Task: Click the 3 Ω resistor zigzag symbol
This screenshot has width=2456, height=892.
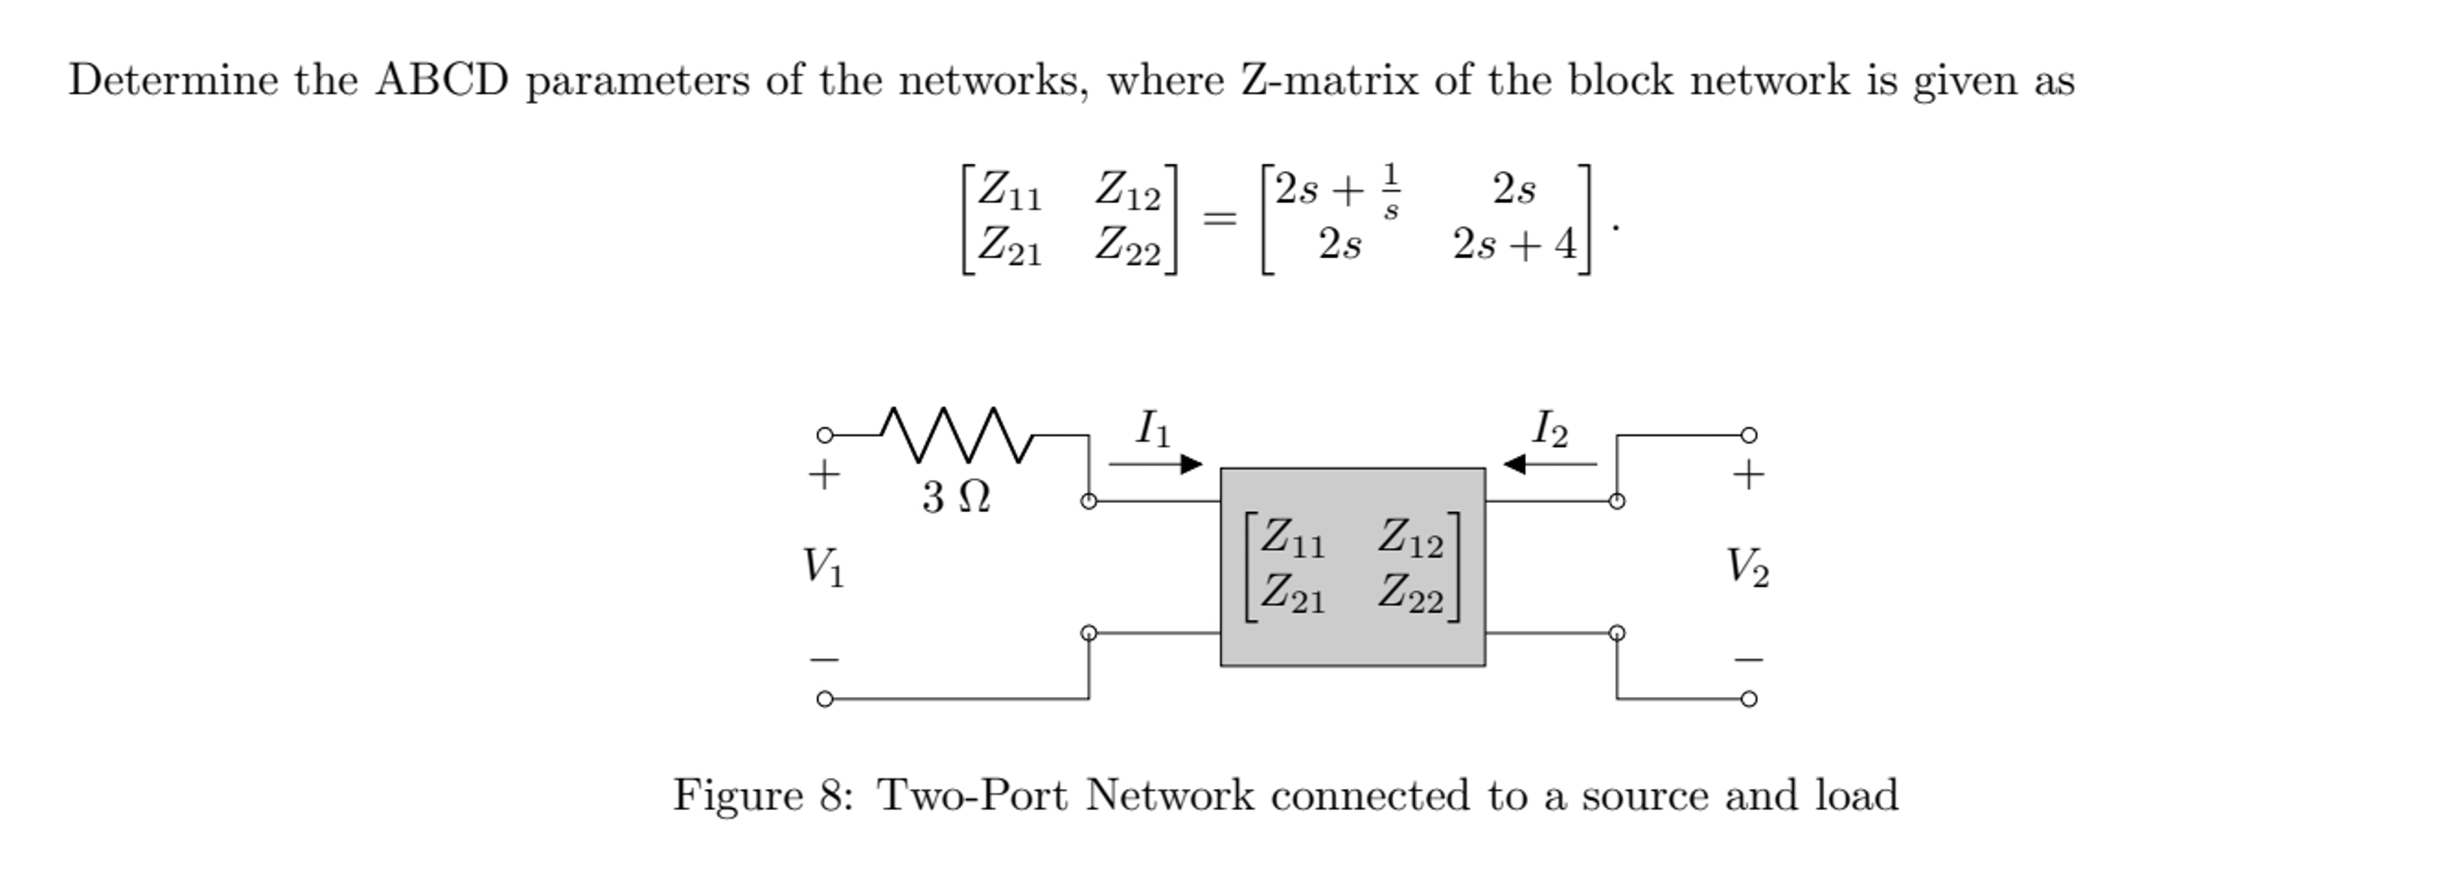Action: point(957,436)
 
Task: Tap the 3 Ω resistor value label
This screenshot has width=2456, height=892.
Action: point(955,497)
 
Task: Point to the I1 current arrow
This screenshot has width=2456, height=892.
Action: point(1156,464)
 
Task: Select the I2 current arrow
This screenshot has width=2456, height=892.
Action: point(1550,464)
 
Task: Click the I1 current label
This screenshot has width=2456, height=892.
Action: point(1153,428)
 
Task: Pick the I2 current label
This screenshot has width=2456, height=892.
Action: point(1551,429)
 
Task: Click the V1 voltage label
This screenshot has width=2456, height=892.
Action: point(823,567)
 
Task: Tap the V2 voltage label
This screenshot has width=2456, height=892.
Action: point(1747,568)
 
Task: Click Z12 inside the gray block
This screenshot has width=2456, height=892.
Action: point(1410,539)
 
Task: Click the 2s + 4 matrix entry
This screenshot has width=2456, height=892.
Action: point(1514,245)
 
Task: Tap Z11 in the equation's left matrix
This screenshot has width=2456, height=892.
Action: point(1009,189)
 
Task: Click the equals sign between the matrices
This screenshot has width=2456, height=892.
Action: point(1219,219)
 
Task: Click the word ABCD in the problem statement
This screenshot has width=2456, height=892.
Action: point(442,80)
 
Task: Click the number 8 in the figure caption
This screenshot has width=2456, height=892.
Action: point(830,795)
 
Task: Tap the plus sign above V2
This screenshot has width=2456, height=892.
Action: point(1747,475)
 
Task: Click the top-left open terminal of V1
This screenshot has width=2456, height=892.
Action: point(824,436)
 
